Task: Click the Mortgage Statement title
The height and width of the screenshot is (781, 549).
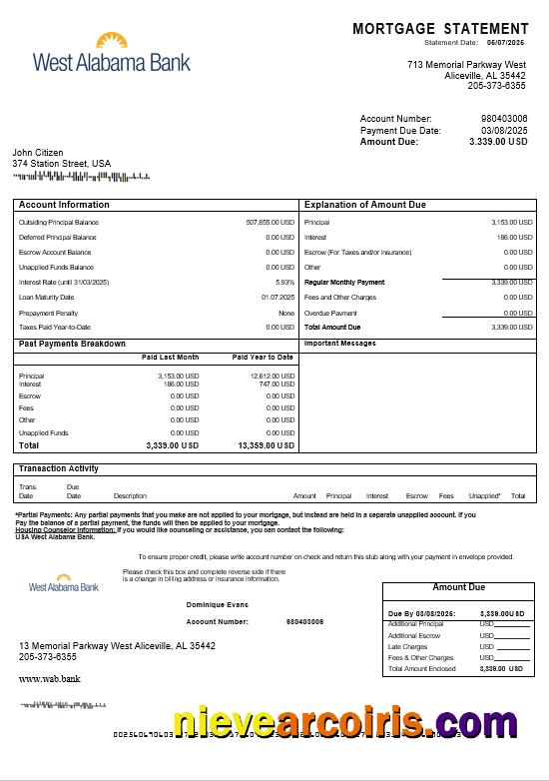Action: pyautogui.click(x=440, y=29)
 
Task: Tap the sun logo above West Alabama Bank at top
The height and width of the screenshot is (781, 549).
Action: pyautogui.click(x=112, y=41)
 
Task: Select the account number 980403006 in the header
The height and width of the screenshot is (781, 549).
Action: pyautogui.click(x=504, y=119)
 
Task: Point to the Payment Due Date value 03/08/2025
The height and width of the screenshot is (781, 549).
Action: pyautogui.click(x=504, y=131)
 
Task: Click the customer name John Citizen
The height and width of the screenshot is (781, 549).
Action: pyautogui.click(x=38, y=153)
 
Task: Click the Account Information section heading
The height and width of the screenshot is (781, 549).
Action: pyautogui.click(x=64, y=205)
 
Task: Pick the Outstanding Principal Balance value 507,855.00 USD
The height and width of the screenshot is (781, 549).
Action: pyautogui.click(x=270, y=222)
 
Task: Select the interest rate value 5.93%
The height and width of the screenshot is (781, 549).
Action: pyautogui.click(x=284, y=282)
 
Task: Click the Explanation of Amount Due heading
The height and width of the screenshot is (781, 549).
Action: pyautogui.click(x=364, y=205)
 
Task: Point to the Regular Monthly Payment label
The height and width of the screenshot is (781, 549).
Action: pyautogui.click(x=344, y=283)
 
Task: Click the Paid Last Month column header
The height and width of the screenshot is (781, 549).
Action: pyautogui.click(x=170, y=357)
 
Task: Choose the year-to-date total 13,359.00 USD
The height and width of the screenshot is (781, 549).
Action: pyautogui.click(x=266, y=445)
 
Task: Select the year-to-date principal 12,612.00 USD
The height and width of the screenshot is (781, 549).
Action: pyautogui.click(x=273, y=376)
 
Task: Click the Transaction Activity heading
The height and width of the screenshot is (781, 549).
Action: pyautogui.click(x=58, y=468)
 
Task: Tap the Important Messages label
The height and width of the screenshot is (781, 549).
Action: pyautogui.click(x=340, y=344)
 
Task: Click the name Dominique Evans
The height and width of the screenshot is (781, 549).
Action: pyautogui.click(x=217, y=604)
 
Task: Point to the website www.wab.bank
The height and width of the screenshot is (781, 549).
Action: pyautogui.click(x=49, y=678)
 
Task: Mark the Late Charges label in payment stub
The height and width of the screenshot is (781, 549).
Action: pyautogui.click(x=407, y=646)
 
